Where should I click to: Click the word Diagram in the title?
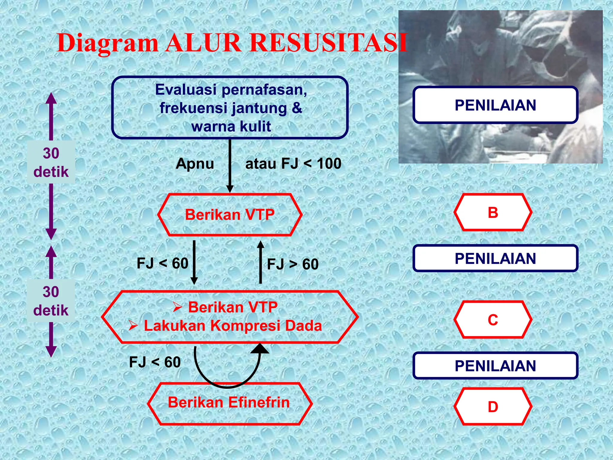pyautogui.click(x=107, y=43)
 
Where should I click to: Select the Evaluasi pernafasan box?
pyautogui.click(x=230, y=108)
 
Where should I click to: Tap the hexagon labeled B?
pyautogui.click(x=493, y=212)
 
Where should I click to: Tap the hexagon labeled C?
pyautogui.click(x=493, y=320)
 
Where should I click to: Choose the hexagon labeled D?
pyautogui.click(x=493, y=406)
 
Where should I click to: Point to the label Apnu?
pyautogui.click(x=195, y=164)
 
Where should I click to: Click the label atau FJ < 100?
pyautogui.click(x=293, y=164)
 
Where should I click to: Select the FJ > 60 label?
pyautogui.click(x=293, y=264)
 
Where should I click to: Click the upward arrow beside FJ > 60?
pyautogui.click(x=261, y=262)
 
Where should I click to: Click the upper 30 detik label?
pyautogui.click(x=51, y=162)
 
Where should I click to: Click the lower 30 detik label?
pyautogui.click(x=51, y=301)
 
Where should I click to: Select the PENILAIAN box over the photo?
pyautogui.click(x=495, y=105)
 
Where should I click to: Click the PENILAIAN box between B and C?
pyautogui.click(x=495, y=258)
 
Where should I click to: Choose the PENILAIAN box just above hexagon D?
pyautogui.click(x=495, y=366)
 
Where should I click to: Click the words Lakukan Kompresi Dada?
pyautogui.click(x=233, y=326)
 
